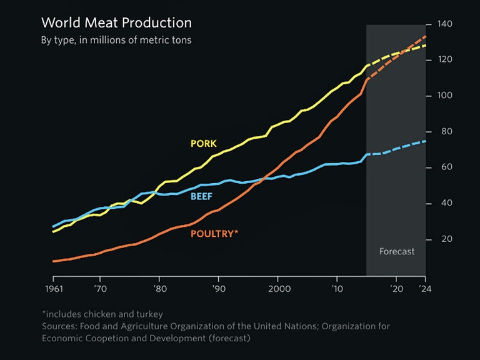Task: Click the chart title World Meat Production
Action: point(116,23)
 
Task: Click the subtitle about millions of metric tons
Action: point(116,41)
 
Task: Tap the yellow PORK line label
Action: point(203,144)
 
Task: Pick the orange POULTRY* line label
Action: point(214,234)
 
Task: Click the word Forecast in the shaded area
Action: point(397,251)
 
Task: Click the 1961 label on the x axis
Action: point(53,289)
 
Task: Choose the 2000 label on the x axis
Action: point(279,289)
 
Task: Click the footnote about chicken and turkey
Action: point(102,314)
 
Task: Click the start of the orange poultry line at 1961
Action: point(54,261)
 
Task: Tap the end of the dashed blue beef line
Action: point(425,141)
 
